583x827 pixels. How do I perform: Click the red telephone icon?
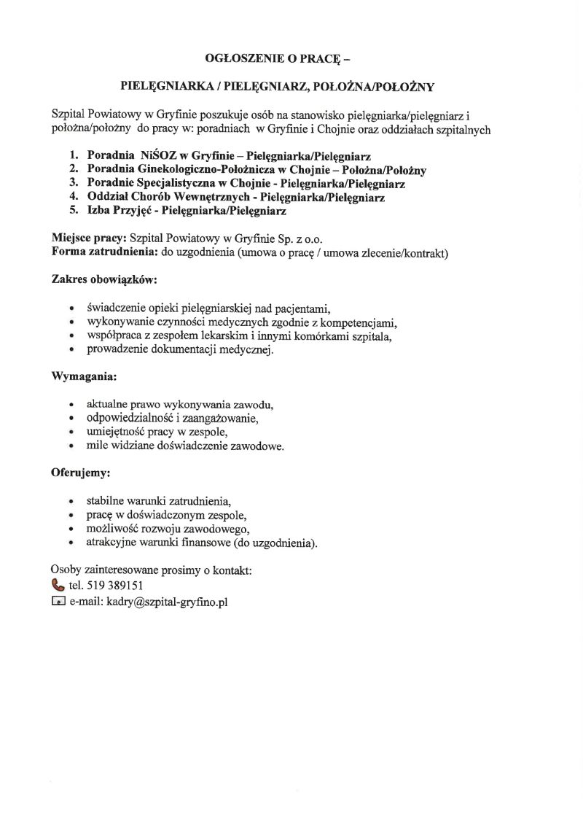click(x=58, y=584)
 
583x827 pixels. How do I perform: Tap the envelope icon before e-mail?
click(x=58, y=602)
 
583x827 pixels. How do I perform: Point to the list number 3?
click(x=73, y=184)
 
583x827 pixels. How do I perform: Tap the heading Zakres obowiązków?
click(x=104, y=280)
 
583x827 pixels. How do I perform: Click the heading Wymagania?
click(x=84, y=377)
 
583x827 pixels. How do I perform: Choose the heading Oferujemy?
click(x=80, y=473)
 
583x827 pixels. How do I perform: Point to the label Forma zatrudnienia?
click(x=105, y=253)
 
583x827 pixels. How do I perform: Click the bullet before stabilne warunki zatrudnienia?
click(x=70, y=502)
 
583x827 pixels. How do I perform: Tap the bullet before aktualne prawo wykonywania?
click(x=70, y=405)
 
